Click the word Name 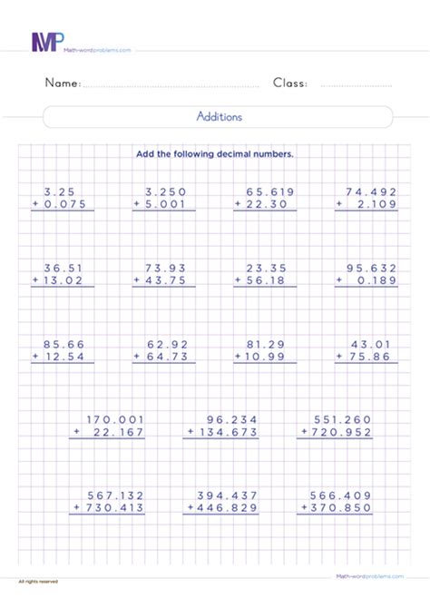point(63,83)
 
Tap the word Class point(290,83)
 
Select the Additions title point(219,117)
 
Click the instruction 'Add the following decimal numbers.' point(215,154)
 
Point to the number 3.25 point(59,191)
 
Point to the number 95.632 point(371,268)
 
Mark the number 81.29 point(265,344)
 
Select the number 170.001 point(115,419)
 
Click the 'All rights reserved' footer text point(37,580)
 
